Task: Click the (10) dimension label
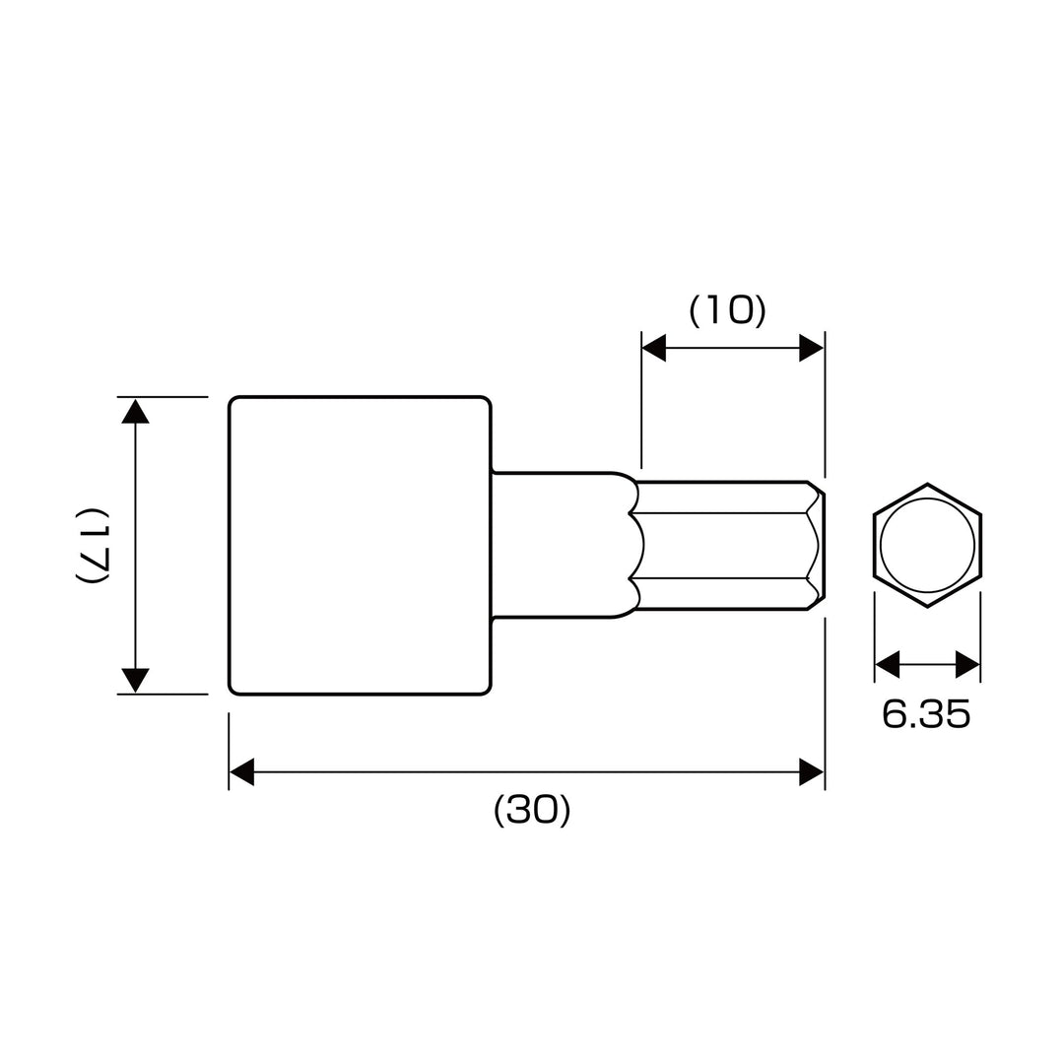tap(727, 310)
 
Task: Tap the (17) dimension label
tap(91, 545)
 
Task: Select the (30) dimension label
tap(532, 810)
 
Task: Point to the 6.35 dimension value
tap(926, 714)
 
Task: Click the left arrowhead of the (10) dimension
tap(653, 348)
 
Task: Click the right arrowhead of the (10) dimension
tap(812, 348)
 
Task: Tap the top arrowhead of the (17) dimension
tap(135, 411)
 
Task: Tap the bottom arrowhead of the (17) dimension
tap(135, 681)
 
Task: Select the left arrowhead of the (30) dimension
tap(241, 772)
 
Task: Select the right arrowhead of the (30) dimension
tap(812, 772)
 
